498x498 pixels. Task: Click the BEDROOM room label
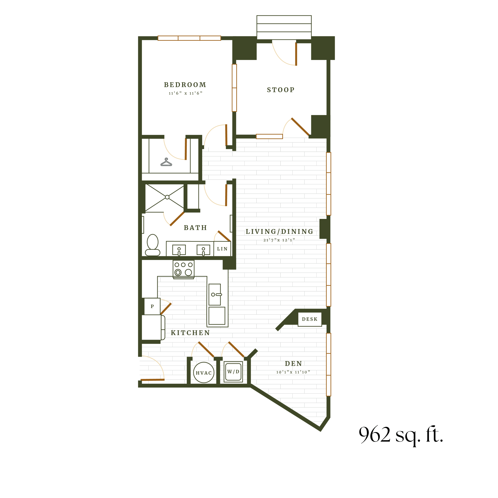185,85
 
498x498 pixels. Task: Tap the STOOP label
281,90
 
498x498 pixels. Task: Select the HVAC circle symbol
204,373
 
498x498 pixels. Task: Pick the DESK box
310,319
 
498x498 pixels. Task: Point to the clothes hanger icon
166,162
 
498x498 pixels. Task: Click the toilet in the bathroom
153,245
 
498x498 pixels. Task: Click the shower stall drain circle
167,197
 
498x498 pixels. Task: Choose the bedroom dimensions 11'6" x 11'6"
185,93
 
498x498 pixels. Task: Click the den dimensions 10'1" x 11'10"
293,372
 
